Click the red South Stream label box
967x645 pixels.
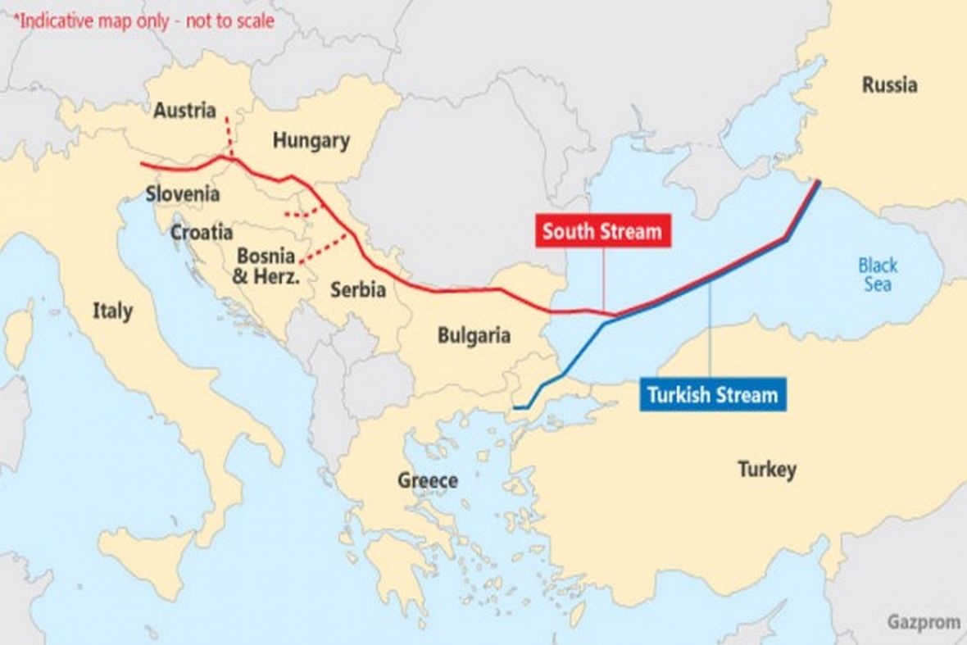tap(602, 232)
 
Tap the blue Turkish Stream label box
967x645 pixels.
tap(712, 394)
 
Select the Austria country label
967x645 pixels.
tap(184, 110)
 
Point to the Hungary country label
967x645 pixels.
tap(311, 140)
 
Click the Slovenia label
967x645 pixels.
tap(183, 194)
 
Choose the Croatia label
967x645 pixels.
tap(202, 233)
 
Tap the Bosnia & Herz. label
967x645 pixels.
tap(266, 266)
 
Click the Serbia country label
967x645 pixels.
tap(358, 289)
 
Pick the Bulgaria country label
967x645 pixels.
tap(474, 335)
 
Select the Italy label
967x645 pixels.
tap(112, 311)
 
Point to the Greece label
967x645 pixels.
tap(428, 480)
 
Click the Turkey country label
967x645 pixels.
tap(766, 470)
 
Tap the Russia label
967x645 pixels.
tap(889, 85)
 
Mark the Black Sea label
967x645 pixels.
tap(878, 275)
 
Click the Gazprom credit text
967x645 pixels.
tap(923, 622)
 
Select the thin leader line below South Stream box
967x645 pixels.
tap(603, 279)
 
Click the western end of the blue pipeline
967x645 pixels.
tap(515, 407)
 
